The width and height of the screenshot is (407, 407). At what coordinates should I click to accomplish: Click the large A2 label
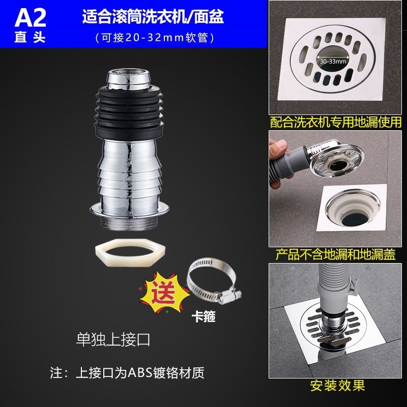click(31, 18)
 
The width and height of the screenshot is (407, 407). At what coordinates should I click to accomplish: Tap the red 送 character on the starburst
click(164, 292)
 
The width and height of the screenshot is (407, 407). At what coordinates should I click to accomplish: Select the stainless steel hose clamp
click(213, 281)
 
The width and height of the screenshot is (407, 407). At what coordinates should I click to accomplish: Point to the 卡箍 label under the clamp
click(203, 316)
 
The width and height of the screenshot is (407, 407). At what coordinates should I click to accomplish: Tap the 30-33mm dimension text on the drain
click(333, 62)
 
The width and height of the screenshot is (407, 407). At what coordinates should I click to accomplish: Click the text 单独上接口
click(113, 339)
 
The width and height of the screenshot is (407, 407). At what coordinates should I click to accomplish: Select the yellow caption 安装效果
click(337, 386)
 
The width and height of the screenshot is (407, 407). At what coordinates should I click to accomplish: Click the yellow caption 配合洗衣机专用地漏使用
click(336, 122)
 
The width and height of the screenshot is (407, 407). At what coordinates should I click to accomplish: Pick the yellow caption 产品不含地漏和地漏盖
click(335, 254)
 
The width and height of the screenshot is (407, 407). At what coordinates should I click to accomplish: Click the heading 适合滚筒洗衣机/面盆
click(153, 17)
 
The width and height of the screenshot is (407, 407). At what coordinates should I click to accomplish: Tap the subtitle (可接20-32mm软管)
click(155, 38)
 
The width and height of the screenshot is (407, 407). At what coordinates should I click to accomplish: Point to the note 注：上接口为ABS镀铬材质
click(127, 373)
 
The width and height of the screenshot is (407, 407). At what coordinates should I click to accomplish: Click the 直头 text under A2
click(30, 37)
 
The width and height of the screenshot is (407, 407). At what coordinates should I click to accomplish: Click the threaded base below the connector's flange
click(130, 223)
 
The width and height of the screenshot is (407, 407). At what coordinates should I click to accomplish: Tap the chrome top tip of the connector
click(130, 79)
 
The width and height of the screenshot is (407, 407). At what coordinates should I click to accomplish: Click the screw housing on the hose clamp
click(231, 296)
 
